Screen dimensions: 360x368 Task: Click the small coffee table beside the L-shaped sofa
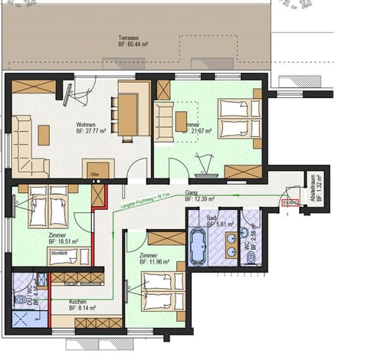[x=44, y=135]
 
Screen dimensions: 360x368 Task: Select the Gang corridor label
[x=194, y=193]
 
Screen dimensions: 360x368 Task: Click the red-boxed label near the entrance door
[x=289, y=202]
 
